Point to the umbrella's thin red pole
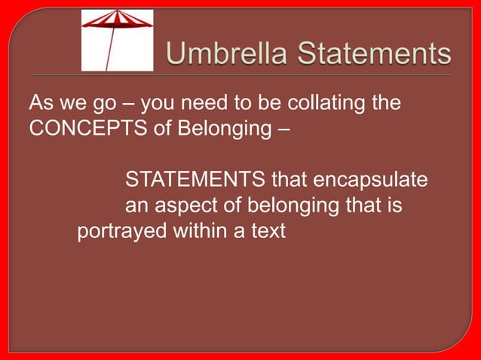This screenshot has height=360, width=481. click(x=111, y=50)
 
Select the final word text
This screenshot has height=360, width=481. click(x=268, y=230)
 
